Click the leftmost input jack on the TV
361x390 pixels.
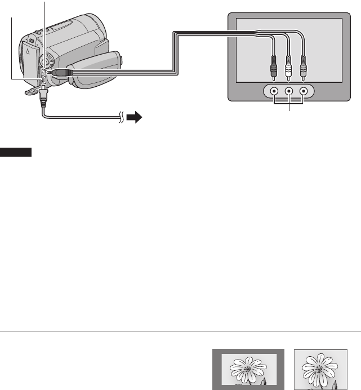(x=274, y=91)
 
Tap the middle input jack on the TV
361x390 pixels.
(x=289, y=91)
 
